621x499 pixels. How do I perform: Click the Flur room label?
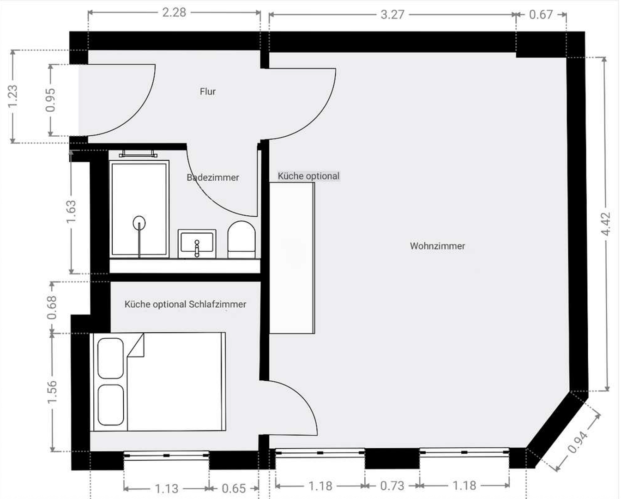208,91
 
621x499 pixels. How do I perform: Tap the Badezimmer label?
213,177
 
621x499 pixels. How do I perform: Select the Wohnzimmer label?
438,246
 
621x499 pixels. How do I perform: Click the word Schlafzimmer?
217,304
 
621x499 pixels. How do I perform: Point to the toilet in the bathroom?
241,239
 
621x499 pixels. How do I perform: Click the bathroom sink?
197,243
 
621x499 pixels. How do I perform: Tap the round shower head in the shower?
139,223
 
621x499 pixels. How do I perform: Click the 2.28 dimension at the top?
174,13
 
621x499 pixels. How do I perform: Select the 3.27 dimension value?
392,15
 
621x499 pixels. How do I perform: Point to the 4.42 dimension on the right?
606,224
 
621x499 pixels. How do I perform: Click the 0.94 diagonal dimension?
577,443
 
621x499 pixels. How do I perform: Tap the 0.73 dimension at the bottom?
392,486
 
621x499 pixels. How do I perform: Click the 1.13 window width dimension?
167,489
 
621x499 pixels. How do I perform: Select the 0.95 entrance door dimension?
50,100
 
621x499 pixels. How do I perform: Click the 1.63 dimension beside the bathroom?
71,212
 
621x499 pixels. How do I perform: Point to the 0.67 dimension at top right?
541,14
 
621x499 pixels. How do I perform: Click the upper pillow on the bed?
110,358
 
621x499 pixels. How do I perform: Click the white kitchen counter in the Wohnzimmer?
292,258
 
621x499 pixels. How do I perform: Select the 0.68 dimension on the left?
52,308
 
